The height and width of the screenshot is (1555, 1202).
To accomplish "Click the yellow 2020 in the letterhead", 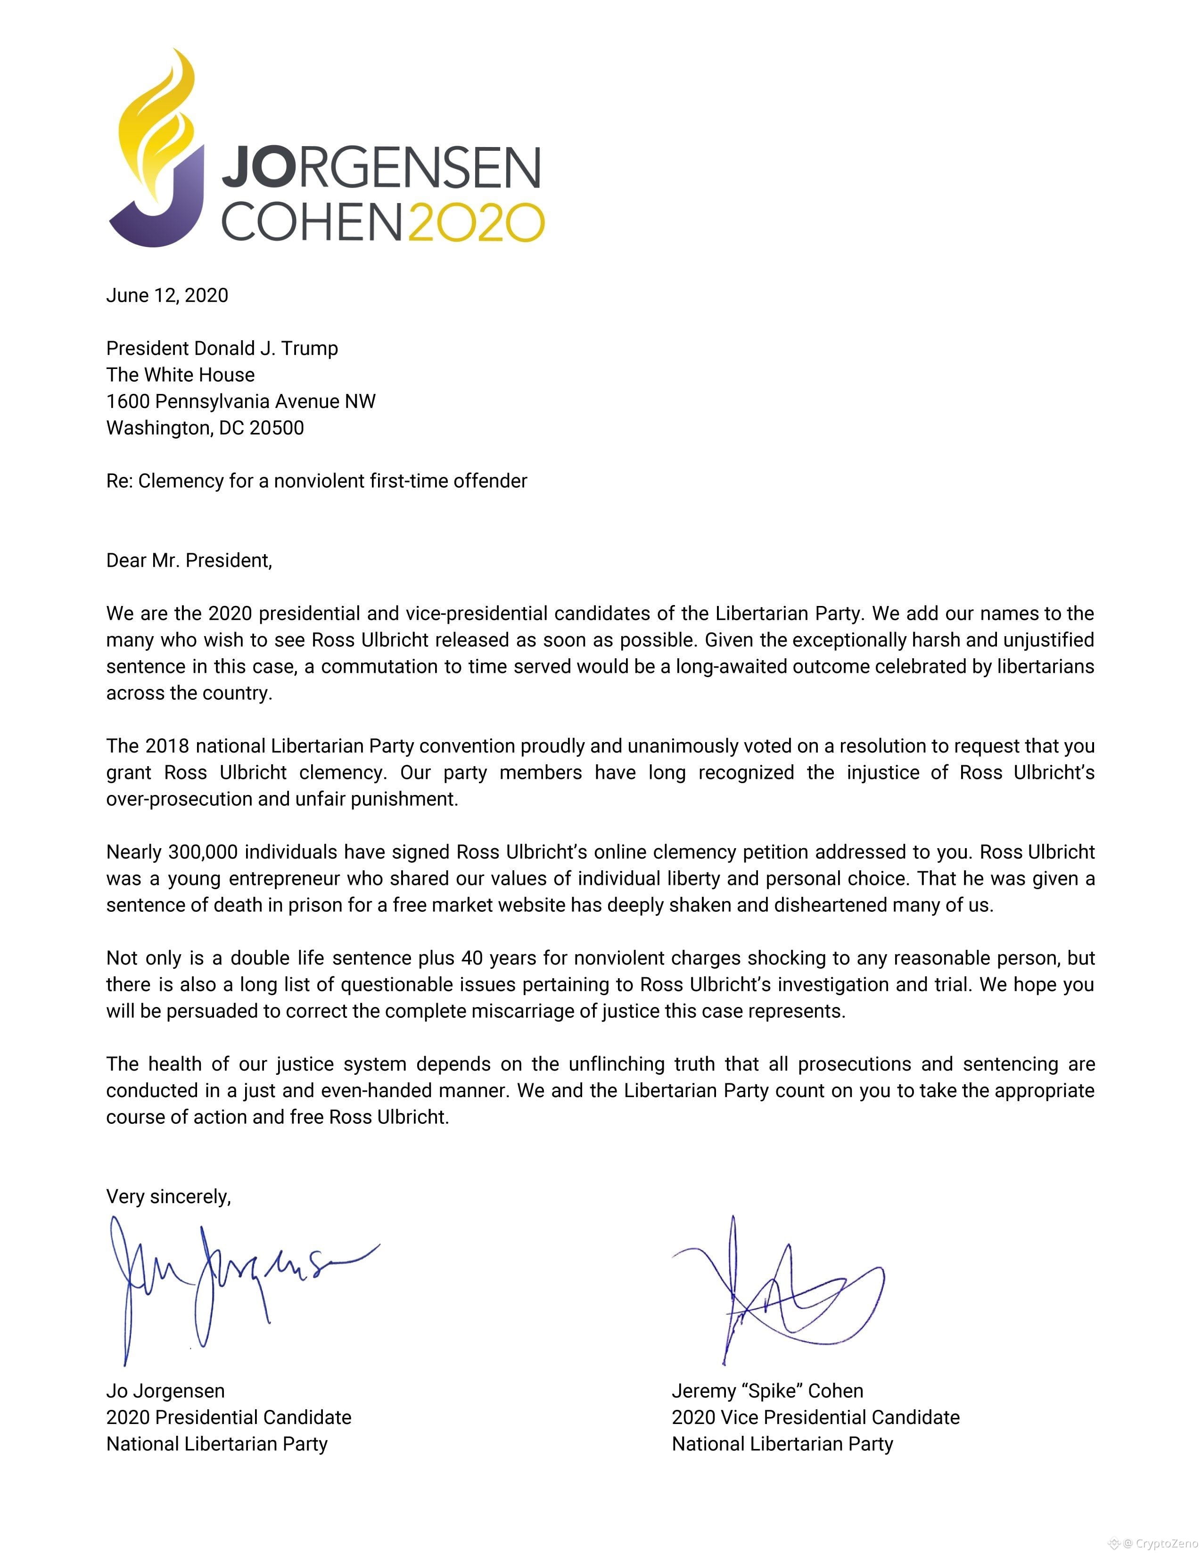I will pyautogui.click(x=476, y=222).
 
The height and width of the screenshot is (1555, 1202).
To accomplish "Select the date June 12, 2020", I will pyautogui.click(x=167, y=295).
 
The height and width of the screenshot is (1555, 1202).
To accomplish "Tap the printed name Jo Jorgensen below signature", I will pyautogui.click(x=165, y=1391).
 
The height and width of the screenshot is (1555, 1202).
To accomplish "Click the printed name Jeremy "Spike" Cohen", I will pyautogui.click(x=767, y=1391).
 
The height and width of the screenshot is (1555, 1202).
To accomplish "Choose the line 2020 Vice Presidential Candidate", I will pyautogui.click(x=815, y=1417).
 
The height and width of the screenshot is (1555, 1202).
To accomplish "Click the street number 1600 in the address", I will pyautogui.click(x=128, y=401).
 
